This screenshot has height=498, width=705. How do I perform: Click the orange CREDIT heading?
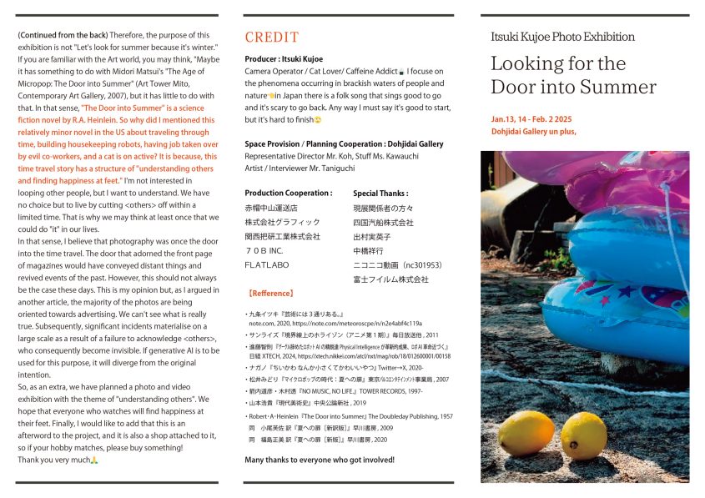(271, 38)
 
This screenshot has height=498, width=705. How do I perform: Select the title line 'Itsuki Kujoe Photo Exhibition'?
(563, 37)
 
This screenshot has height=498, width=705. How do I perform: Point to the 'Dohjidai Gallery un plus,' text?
(534, 131)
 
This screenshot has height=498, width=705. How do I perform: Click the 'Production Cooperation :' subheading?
(288, 193)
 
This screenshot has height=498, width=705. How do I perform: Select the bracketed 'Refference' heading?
(272, 294)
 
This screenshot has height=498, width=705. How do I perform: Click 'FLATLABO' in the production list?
(266, 264)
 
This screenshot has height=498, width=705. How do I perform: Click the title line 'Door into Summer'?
(573, 87)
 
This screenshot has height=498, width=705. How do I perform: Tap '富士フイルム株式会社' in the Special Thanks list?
(390, 279)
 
